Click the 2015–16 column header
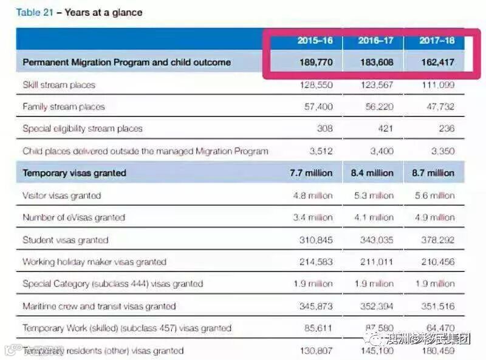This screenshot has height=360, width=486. (x=315, y=41)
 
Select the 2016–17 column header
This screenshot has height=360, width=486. (x=375, y=41)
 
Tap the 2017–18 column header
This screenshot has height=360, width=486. (x=437, y=41)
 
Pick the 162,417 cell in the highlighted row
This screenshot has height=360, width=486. (x=436, y=62)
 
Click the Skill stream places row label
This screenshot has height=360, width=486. (x=59, y=85)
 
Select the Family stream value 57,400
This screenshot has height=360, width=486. (x=318, y=107)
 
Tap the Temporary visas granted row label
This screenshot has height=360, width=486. (x=74, y=173)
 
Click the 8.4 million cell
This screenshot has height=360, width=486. (x=373, y=173)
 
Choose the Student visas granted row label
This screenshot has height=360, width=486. (x=65, y=240)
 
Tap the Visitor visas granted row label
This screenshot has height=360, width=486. (x=61, y=195)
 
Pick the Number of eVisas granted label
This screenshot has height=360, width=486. (x=74, y=217)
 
